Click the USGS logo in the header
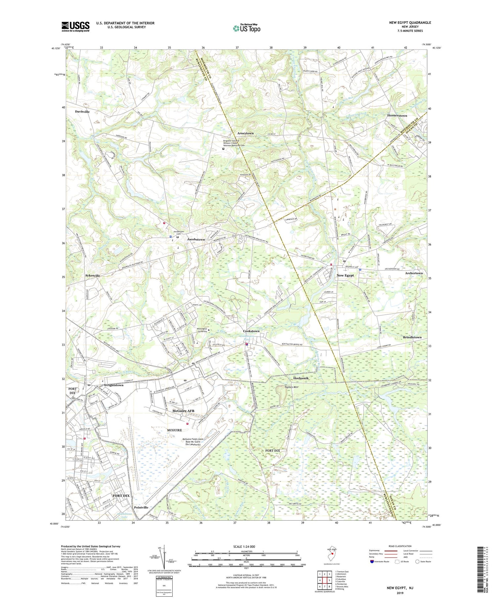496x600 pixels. [75, 26]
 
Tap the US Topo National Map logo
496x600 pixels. [246, 28]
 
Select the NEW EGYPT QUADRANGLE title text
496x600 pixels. [410, 23]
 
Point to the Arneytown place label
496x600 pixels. [245, 133]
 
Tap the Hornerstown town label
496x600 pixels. [397, 115]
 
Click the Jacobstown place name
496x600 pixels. [196, 239]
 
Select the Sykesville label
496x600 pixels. [93, 275]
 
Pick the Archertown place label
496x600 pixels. [414, 273]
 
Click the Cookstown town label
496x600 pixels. [251, 331]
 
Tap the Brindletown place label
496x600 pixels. [412, 337]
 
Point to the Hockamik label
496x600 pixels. [301, 378]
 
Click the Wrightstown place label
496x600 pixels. [113, 385]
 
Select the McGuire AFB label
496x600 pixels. [184, 411]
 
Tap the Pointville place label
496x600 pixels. [141, 507]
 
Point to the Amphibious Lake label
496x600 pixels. [124, 515]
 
